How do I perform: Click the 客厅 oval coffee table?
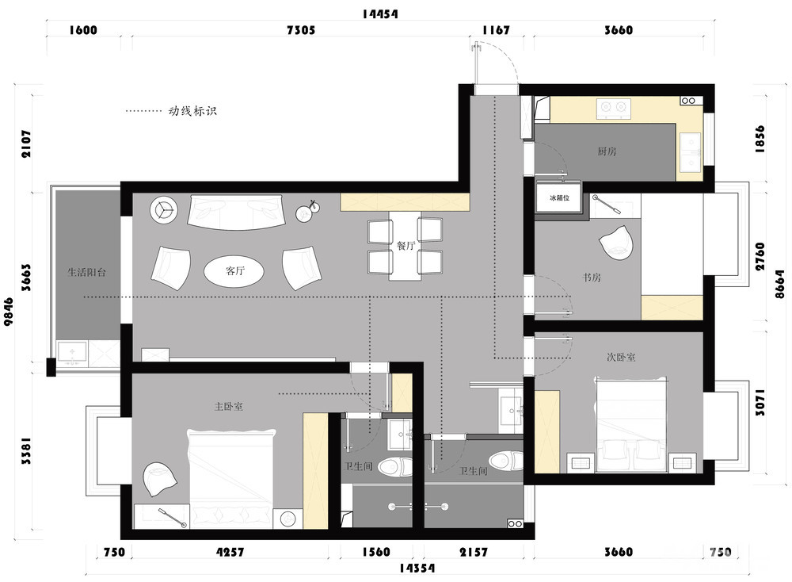point(234,271)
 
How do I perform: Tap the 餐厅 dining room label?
point(406,246)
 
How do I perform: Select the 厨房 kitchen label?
point(607,151)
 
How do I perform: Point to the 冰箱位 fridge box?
point(559,198)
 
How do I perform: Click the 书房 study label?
point(592,277)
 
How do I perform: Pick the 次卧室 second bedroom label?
point(621,357)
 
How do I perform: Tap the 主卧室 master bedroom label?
point(229,406)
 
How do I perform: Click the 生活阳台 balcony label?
point(87,272)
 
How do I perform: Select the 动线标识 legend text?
point(192,111)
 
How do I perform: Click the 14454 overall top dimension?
point(380,13)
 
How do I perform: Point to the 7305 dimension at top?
point(300,30)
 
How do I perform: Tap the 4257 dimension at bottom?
point(230,552)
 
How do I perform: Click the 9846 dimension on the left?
point(9,311)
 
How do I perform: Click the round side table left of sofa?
point(163,209)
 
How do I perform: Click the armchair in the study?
point(615,243)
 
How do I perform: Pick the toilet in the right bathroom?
point(506,461)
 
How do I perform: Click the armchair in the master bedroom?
point(160,478)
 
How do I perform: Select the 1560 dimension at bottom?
point(376,552)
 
